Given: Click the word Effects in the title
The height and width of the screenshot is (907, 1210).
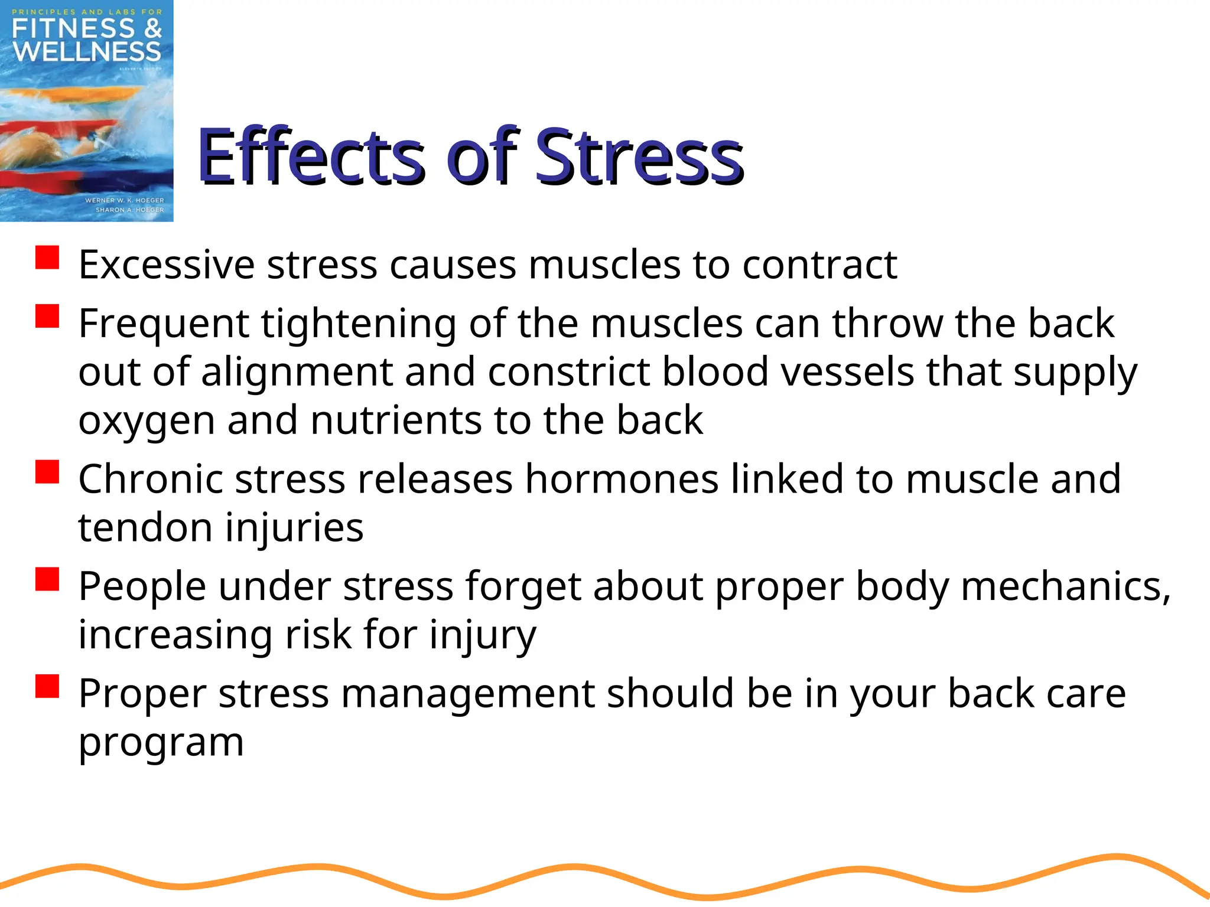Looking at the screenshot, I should click(x=310, y=156).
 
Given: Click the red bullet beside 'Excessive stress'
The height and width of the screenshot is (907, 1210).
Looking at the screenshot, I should click(x=47, y=258).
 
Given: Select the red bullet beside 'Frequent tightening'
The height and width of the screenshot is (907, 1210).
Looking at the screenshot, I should click(x=47, y=316).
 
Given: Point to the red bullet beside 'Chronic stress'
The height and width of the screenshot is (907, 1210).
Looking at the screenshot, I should click(x=47, y=472).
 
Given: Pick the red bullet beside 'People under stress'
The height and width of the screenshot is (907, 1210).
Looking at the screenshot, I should click(x=47, y=579).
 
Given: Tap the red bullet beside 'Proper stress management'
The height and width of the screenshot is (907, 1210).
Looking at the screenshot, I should click(x=47, y=686).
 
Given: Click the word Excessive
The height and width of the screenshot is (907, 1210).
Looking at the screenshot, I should click(x=167, y=265).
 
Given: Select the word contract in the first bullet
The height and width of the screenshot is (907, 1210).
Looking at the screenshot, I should click(x=819, y=265).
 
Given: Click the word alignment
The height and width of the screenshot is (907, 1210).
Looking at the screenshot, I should click(x=297, y=372).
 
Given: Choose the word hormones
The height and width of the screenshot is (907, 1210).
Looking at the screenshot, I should click(x=622, y=478).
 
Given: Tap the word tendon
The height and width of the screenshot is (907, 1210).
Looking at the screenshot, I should click(x=145, y=527).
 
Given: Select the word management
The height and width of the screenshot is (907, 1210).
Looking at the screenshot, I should click(x=468, y=693).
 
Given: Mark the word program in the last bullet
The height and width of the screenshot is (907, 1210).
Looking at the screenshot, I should click(x=161, y=743).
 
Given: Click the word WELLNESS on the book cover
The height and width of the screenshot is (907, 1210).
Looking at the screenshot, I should click(x=87, y=51).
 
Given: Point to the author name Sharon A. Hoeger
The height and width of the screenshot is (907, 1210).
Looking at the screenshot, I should click(x=129, y=210).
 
